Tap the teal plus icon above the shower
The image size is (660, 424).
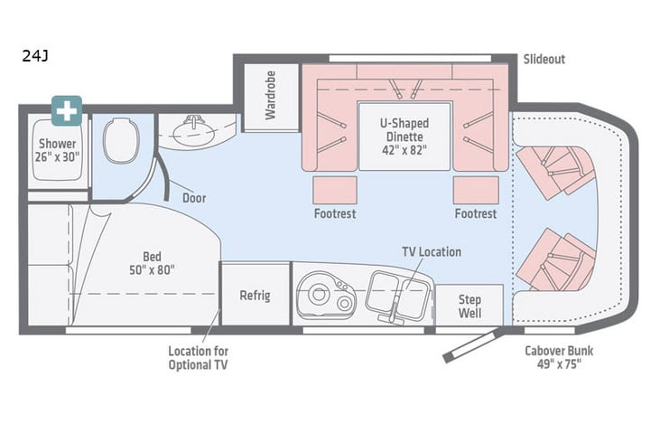(x=67, y=111)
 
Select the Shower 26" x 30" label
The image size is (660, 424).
(x=56, y=150)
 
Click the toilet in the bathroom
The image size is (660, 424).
(x=120, y=142)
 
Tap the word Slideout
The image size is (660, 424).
(x=544, y=60)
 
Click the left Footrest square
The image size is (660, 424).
(x=335, y=191)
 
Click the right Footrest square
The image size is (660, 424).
(x=475, y=191)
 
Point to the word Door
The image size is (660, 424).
(x=194, y=198)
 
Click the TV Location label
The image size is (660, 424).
(x=432, y=252)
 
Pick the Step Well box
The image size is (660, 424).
(x=469, y=306)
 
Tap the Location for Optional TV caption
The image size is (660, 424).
(x=198, y=357)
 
